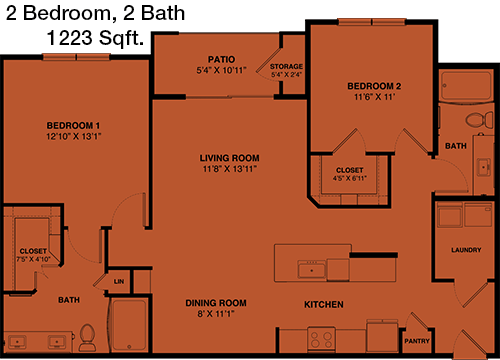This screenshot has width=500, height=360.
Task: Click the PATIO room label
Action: (221, 59)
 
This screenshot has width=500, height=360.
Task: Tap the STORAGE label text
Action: (286, 66)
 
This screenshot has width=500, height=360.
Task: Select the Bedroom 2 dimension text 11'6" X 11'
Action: (374, 97)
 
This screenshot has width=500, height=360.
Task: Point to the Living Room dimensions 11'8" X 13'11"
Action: (230, 169)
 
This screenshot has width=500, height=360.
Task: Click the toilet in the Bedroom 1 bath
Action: (87, 337)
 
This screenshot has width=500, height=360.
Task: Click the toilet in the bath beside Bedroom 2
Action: (479, 120)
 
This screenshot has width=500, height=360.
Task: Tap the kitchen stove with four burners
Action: (321, 339)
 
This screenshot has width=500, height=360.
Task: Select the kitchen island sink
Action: (312, 269)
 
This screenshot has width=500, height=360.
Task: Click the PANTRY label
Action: (417, 341)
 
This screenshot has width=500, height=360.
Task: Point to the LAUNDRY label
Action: (466, 250)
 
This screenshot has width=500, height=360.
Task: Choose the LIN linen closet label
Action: (119, 282)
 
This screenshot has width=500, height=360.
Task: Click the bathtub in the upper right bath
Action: (466, 86)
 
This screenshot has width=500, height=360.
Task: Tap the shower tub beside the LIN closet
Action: (129, 325)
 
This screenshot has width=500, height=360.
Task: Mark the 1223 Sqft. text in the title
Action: (95, 38)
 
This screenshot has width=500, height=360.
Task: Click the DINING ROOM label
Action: (216, 303)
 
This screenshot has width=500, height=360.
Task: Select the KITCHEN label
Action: (324, 304)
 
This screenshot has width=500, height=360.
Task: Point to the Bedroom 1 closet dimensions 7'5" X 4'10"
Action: (33, 259)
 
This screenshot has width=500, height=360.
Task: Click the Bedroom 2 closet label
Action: (350, 170)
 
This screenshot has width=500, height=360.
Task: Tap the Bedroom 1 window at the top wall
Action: (76, 57)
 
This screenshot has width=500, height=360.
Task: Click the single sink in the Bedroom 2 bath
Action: (483, 167)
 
